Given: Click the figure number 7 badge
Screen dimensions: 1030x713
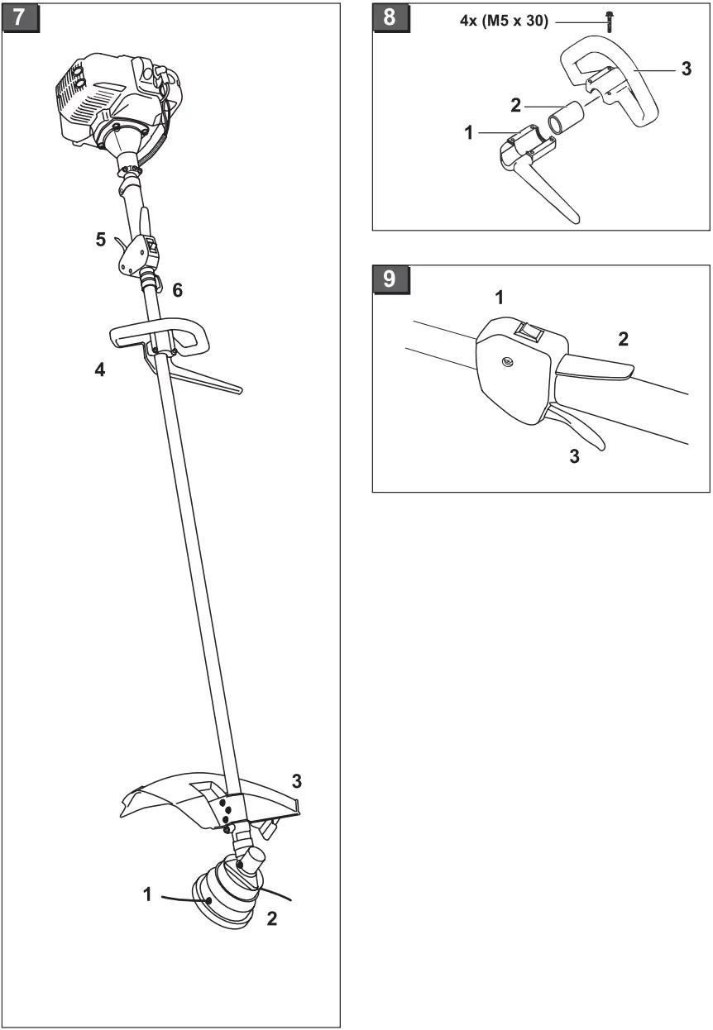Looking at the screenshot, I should [x=21, y=17].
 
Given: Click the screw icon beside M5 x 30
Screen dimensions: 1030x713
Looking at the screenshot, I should [x=610, y=21].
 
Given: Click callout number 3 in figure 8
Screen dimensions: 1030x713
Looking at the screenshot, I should [x=686, y=69].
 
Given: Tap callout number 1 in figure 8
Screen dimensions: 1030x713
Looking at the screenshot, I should [x=469, y=132].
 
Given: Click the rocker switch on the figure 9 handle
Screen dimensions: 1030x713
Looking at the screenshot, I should [x=526, y=331].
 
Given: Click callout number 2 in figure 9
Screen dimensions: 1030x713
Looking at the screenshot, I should [x=623, y=337].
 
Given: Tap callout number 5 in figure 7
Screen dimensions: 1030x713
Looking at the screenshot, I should [x=101, y=240].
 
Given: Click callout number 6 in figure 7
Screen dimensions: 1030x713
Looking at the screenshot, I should [x=177, y=290].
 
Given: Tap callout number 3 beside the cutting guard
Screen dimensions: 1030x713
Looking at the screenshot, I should [x=296, y=780].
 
